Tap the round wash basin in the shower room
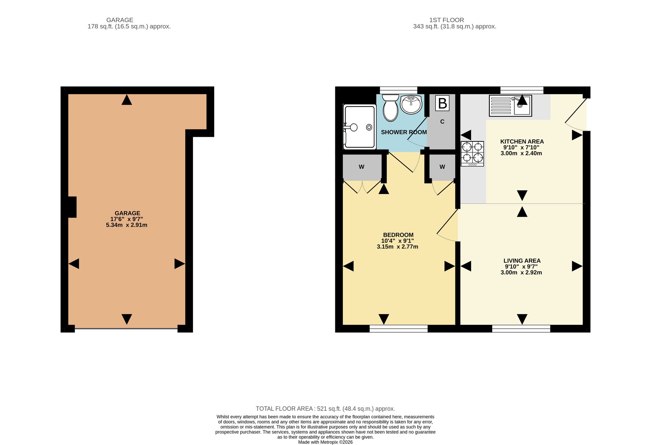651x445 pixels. click(x=411, y=104)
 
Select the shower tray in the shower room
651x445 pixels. click(x=360, y=127)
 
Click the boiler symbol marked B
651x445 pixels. click(x=442, y=103)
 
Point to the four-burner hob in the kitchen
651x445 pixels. click(x=472, y=154)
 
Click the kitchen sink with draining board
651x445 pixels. click(x=510, y=106)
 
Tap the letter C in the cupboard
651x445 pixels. click(x=442, y=122)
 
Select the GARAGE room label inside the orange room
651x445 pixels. click(x=127, y=213)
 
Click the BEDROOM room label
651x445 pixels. click(x=398, y=235)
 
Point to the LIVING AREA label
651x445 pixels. click(x=522, y=261)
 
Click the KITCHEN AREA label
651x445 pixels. click(x=522, y=141)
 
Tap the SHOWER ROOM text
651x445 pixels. click(x=404, y=132)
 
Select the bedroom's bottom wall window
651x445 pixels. click(x=398, y=329)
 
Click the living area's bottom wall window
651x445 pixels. click(x=521, y=329)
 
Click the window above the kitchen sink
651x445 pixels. click(x=522, y=90)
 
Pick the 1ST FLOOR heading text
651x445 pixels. click(x=447, y=20)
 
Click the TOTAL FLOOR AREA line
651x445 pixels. click(x=325, y=409)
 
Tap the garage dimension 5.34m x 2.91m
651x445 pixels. click(x=127, y=225)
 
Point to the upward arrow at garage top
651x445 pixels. click(x=127, y=99)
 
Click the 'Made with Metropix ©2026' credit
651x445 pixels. click(x=325, y=442)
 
